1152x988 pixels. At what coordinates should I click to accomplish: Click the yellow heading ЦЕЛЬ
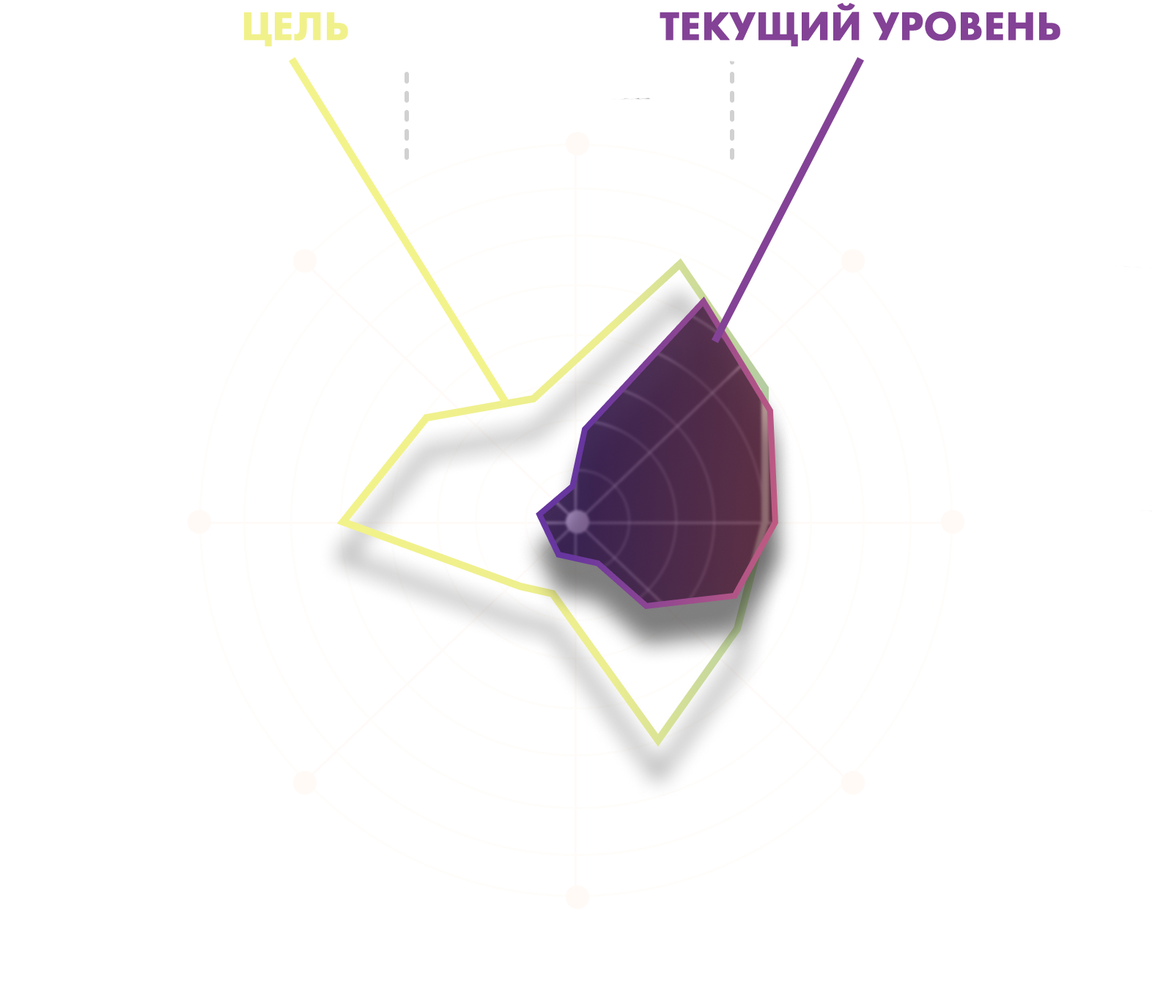point(295,28)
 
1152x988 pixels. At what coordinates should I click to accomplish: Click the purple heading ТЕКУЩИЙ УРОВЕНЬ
point(860,26)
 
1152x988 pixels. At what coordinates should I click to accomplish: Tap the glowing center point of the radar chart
point(577,521)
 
